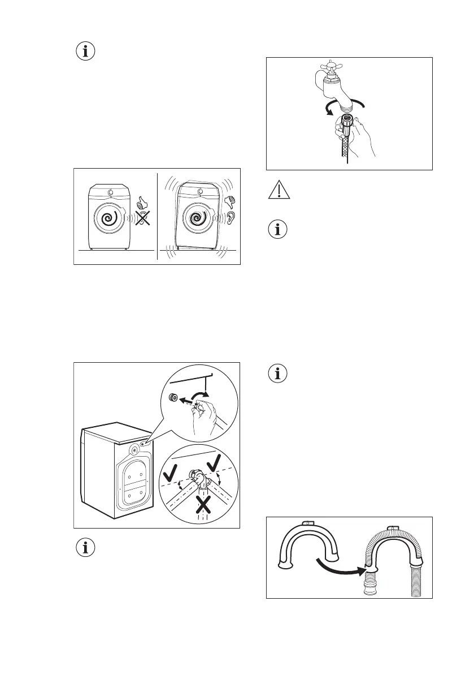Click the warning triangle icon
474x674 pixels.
coord(277,191)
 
